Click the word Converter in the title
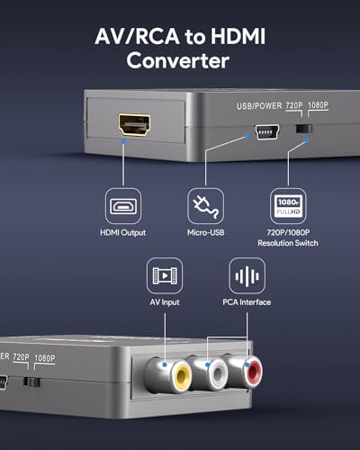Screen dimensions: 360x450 click(x=178, y=61)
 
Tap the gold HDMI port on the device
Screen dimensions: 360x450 click(x=134, y=125)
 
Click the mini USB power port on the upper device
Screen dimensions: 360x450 click(x=267, y=131)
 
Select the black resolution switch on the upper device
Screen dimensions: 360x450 click(x=304, y=129)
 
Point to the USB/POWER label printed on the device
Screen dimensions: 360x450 click(x=259, y=106)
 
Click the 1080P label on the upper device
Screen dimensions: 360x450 click(x=318, y=105)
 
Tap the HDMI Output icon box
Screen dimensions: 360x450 click(x=123, y=206)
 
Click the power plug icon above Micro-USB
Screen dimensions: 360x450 click(x=205, y=206)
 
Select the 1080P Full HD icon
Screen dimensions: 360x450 click(x=288, y=206)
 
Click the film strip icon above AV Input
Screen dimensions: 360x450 click(x=165, y=275)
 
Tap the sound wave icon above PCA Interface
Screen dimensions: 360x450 click(x=247, y=275)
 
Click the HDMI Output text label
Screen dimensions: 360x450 click(x=123, y=232)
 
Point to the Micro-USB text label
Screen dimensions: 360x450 click(x=206, y=232)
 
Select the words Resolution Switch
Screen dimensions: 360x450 click(x=288, y=243)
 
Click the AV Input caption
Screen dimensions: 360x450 click(x=165, y=302)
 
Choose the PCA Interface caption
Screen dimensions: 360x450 click(x=247, y=302)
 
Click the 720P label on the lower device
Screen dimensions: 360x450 click(x=21, y=357)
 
